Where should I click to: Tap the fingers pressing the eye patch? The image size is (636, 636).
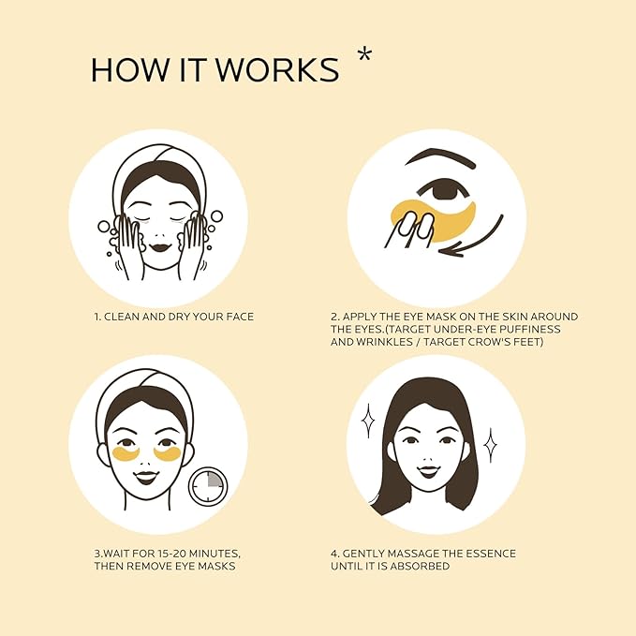click(x=411, y=228)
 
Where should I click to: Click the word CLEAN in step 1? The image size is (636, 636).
click(x=126, y=317)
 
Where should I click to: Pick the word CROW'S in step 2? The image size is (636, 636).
click(x=504, y=343)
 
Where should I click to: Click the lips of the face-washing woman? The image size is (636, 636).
click(x=158, y=246)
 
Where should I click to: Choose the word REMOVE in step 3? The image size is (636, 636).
click(x=155, y=567)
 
